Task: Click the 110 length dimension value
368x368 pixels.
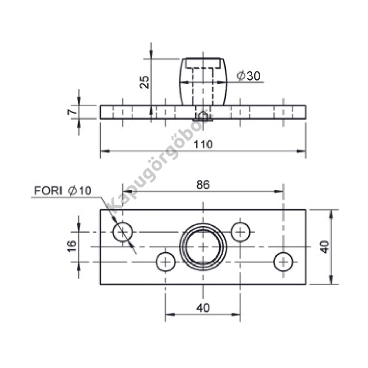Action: coord(203,144)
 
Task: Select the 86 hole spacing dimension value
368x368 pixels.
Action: coord(203,185)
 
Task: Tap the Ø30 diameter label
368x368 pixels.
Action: coord(249,76)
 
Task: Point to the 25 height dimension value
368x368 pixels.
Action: coord(144,82)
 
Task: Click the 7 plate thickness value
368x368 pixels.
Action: coord(72,112)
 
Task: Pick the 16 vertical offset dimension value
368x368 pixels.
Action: coord(72,246)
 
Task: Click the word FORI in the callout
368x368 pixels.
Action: coord(48,190)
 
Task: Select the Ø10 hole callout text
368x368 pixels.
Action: coord(80,190)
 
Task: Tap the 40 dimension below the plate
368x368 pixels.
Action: coord(203,307)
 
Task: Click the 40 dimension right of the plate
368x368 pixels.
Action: coord(325,247)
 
